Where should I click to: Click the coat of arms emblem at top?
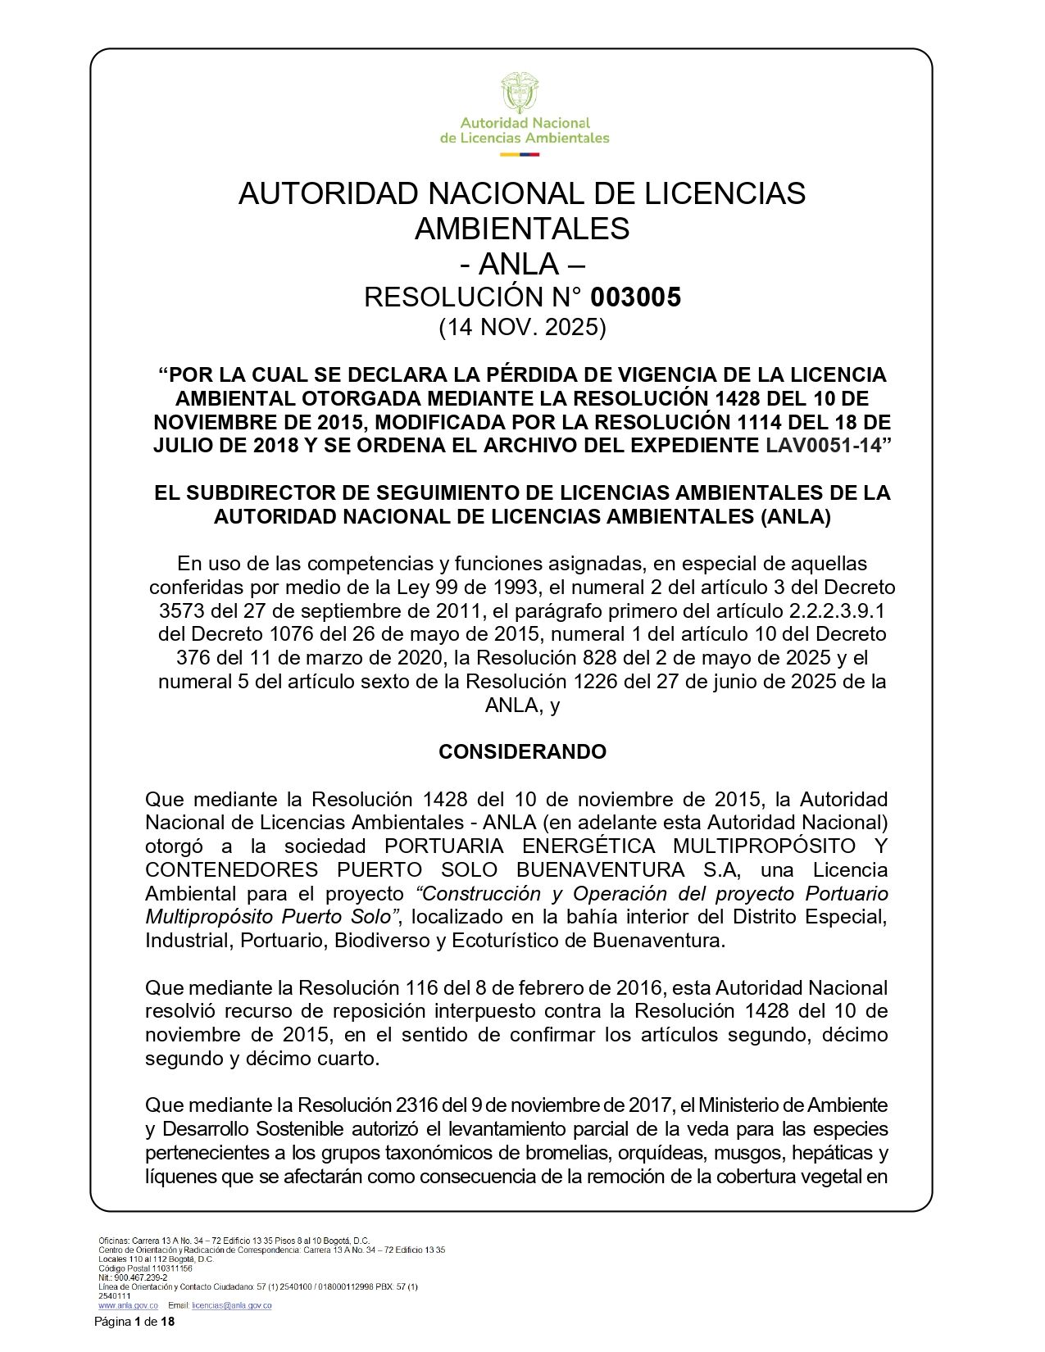[520, 92]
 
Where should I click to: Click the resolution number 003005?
[635, 297]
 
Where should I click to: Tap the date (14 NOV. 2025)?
[522, 328]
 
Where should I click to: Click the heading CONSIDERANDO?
[522, 752]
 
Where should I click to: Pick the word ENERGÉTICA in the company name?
[588, 846]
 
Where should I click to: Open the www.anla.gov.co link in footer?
[128, 1305]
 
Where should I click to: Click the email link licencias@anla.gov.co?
[231, 1305]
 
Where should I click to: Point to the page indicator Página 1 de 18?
[134, 1323]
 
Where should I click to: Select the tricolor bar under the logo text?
[520, 153]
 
